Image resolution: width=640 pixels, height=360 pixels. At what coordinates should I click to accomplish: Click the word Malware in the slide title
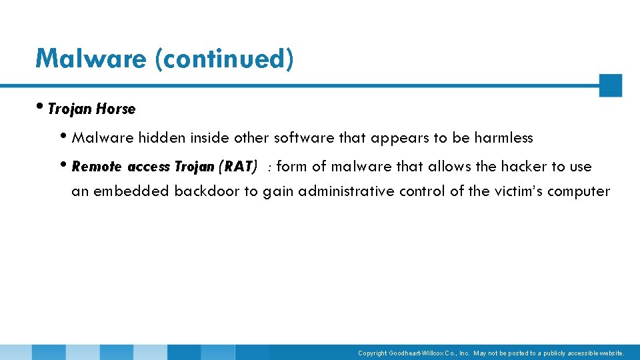tap(91, 59)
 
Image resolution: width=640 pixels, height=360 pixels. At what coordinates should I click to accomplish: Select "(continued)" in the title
tap(224, 59)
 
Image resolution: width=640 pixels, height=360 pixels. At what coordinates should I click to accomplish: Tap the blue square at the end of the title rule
tap(610, 85)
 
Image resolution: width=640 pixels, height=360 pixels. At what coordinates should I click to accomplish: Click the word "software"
tap(305, 138)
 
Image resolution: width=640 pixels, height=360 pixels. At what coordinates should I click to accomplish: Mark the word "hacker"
tap(524, 167)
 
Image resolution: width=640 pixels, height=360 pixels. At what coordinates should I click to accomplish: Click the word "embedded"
tap(131, 191)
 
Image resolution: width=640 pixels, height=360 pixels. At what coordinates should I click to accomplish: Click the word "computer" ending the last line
tap(581, 191)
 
